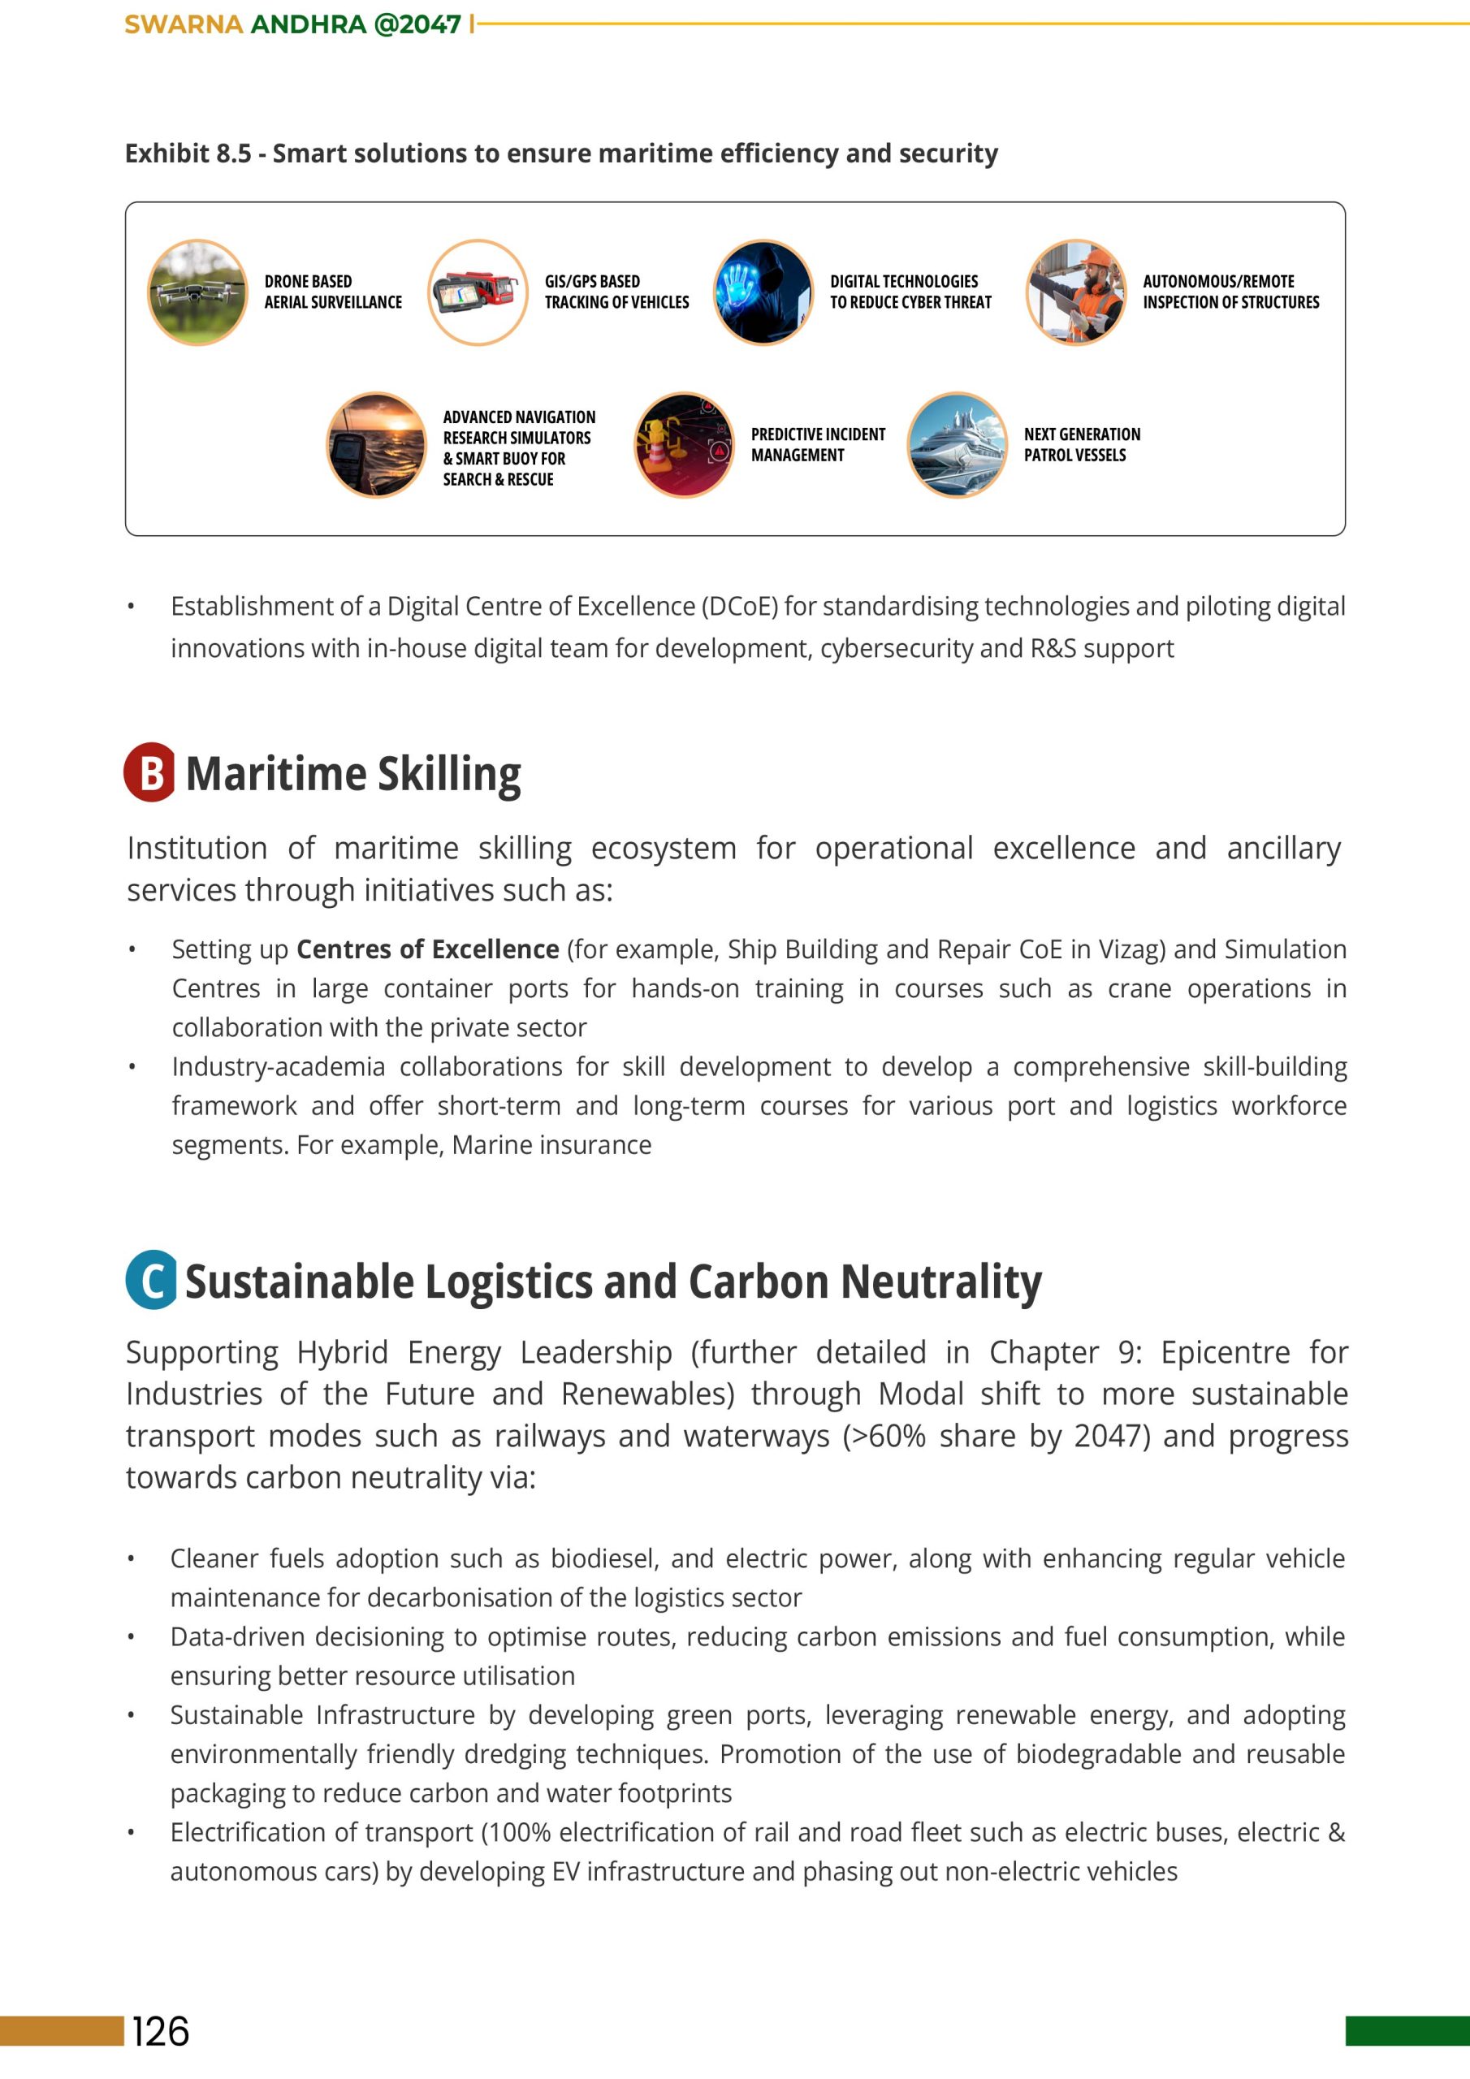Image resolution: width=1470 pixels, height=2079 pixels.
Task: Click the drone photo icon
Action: click(x=197, y=292)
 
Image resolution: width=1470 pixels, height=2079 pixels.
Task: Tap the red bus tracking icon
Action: click(x=478, y=292)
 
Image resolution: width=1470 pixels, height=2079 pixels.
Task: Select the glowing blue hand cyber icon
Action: click(x=763, y=292)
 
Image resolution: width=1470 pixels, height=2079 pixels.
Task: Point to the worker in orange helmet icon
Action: click(x=1075, y=292)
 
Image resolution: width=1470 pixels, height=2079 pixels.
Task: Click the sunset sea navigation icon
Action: click(x=376, y=444)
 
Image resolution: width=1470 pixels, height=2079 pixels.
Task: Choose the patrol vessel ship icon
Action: click(x=957, y=444)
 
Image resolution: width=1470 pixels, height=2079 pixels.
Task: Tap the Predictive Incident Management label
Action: click(x=817, y=444)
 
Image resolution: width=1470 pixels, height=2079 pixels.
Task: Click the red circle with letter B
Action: click(x=150, y=772)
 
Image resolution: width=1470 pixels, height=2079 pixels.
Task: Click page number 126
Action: click(x=162, y=2031)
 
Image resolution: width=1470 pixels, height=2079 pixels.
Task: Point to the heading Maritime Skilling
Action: click(x=353, y=774)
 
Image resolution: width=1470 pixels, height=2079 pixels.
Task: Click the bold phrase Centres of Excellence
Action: click(x=427, y=949)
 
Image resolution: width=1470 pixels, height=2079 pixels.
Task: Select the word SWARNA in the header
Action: click(x=183, y=24)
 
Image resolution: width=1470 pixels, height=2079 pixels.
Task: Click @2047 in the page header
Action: click(x=417, y=24)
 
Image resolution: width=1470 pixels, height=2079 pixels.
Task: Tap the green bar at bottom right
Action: click(x=1407, y=2030)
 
